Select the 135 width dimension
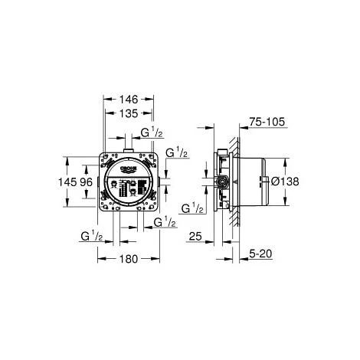point(129,113)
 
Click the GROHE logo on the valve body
point(129,166)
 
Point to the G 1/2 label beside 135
point(153,133)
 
